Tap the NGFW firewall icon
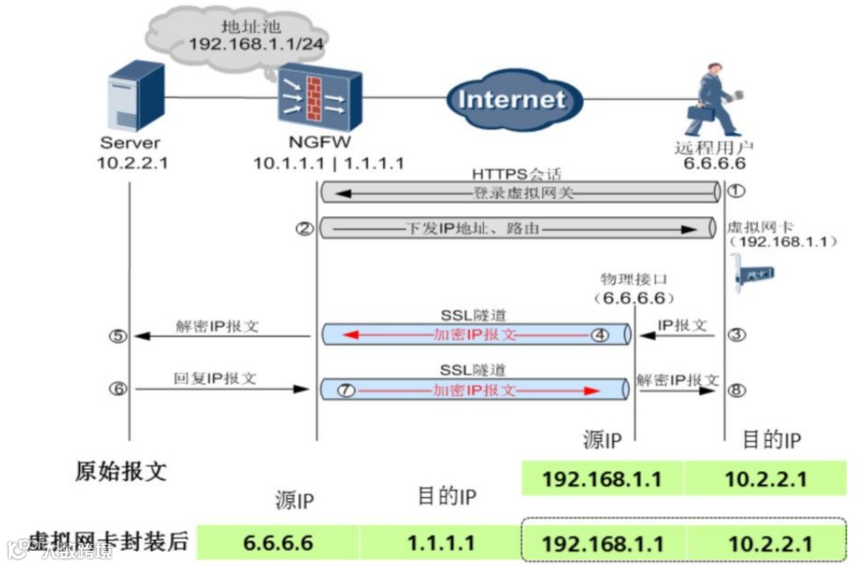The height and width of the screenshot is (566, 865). [x=320, y=100]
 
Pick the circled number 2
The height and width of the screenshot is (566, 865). [x=303, y=229]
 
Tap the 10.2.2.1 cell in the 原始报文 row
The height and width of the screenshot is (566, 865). [x=765, y=479]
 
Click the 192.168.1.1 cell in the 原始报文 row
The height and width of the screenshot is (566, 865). [x=602, y=479]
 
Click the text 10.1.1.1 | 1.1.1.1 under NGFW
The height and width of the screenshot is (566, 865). [x=328, y=163]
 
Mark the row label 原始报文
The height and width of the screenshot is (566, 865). [x=121, y=471]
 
